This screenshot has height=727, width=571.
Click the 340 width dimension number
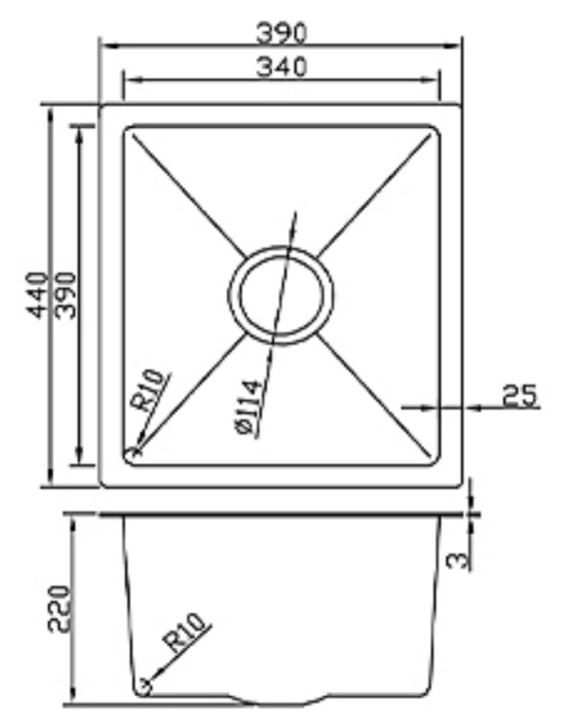click(x=281, y=68)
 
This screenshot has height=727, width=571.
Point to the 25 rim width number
click(x=519, y=396)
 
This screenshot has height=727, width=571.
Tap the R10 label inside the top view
click(x=149, y=392)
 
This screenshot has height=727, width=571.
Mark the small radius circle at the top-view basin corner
click(x=133, y=453)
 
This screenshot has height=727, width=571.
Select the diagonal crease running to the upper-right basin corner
click(x=377, y=194)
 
